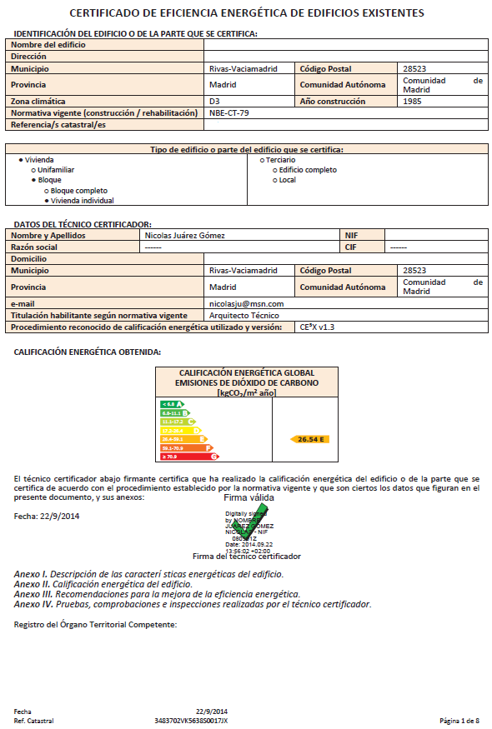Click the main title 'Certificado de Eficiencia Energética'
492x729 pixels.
(246, 13)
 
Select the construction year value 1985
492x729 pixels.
(412, 101)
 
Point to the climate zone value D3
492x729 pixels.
(214, 101)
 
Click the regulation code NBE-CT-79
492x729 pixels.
(228, 112)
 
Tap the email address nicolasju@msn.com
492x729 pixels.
(246, 304)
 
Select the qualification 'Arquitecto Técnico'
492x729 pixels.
(243, 316)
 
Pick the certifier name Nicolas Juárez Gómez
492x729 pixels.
(184, 235)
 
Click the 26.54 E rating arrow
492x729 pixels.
(308, 438)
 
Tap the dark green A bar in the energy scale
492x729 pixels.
(171, 404)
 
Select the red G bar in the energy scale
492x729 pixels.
(189, 457)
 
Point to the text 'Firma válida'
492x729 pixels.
(249, 497)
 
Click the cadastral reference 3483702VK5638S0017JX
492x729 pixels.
(191, 720)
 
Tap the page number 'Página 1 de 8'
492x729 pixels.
(459, 720)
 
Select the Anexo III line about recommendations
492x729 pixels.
(158, 594)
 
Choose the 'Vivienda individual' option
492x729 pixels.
(82, 200)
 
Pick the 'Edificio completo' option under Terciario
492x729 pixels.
(308, 170)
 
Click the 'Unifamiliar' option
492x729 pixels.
(56, 169)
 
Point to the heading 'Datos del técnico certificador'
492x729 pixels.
(83, 225)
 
